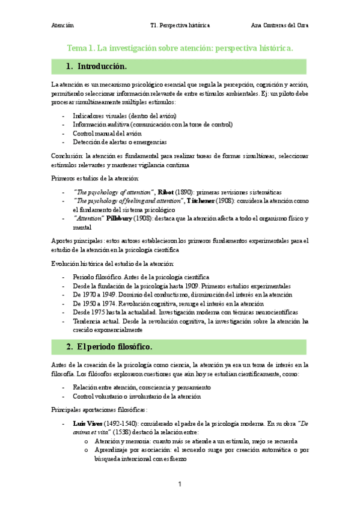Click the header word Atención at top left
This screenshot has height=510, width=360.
(63, 25)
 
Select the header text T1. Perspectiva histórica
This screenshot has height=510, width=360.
(180, 25)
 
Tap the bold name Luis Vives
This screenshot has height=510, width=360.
(85, 425)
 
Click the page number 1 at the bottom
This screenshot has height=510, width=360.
(180, 484)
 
